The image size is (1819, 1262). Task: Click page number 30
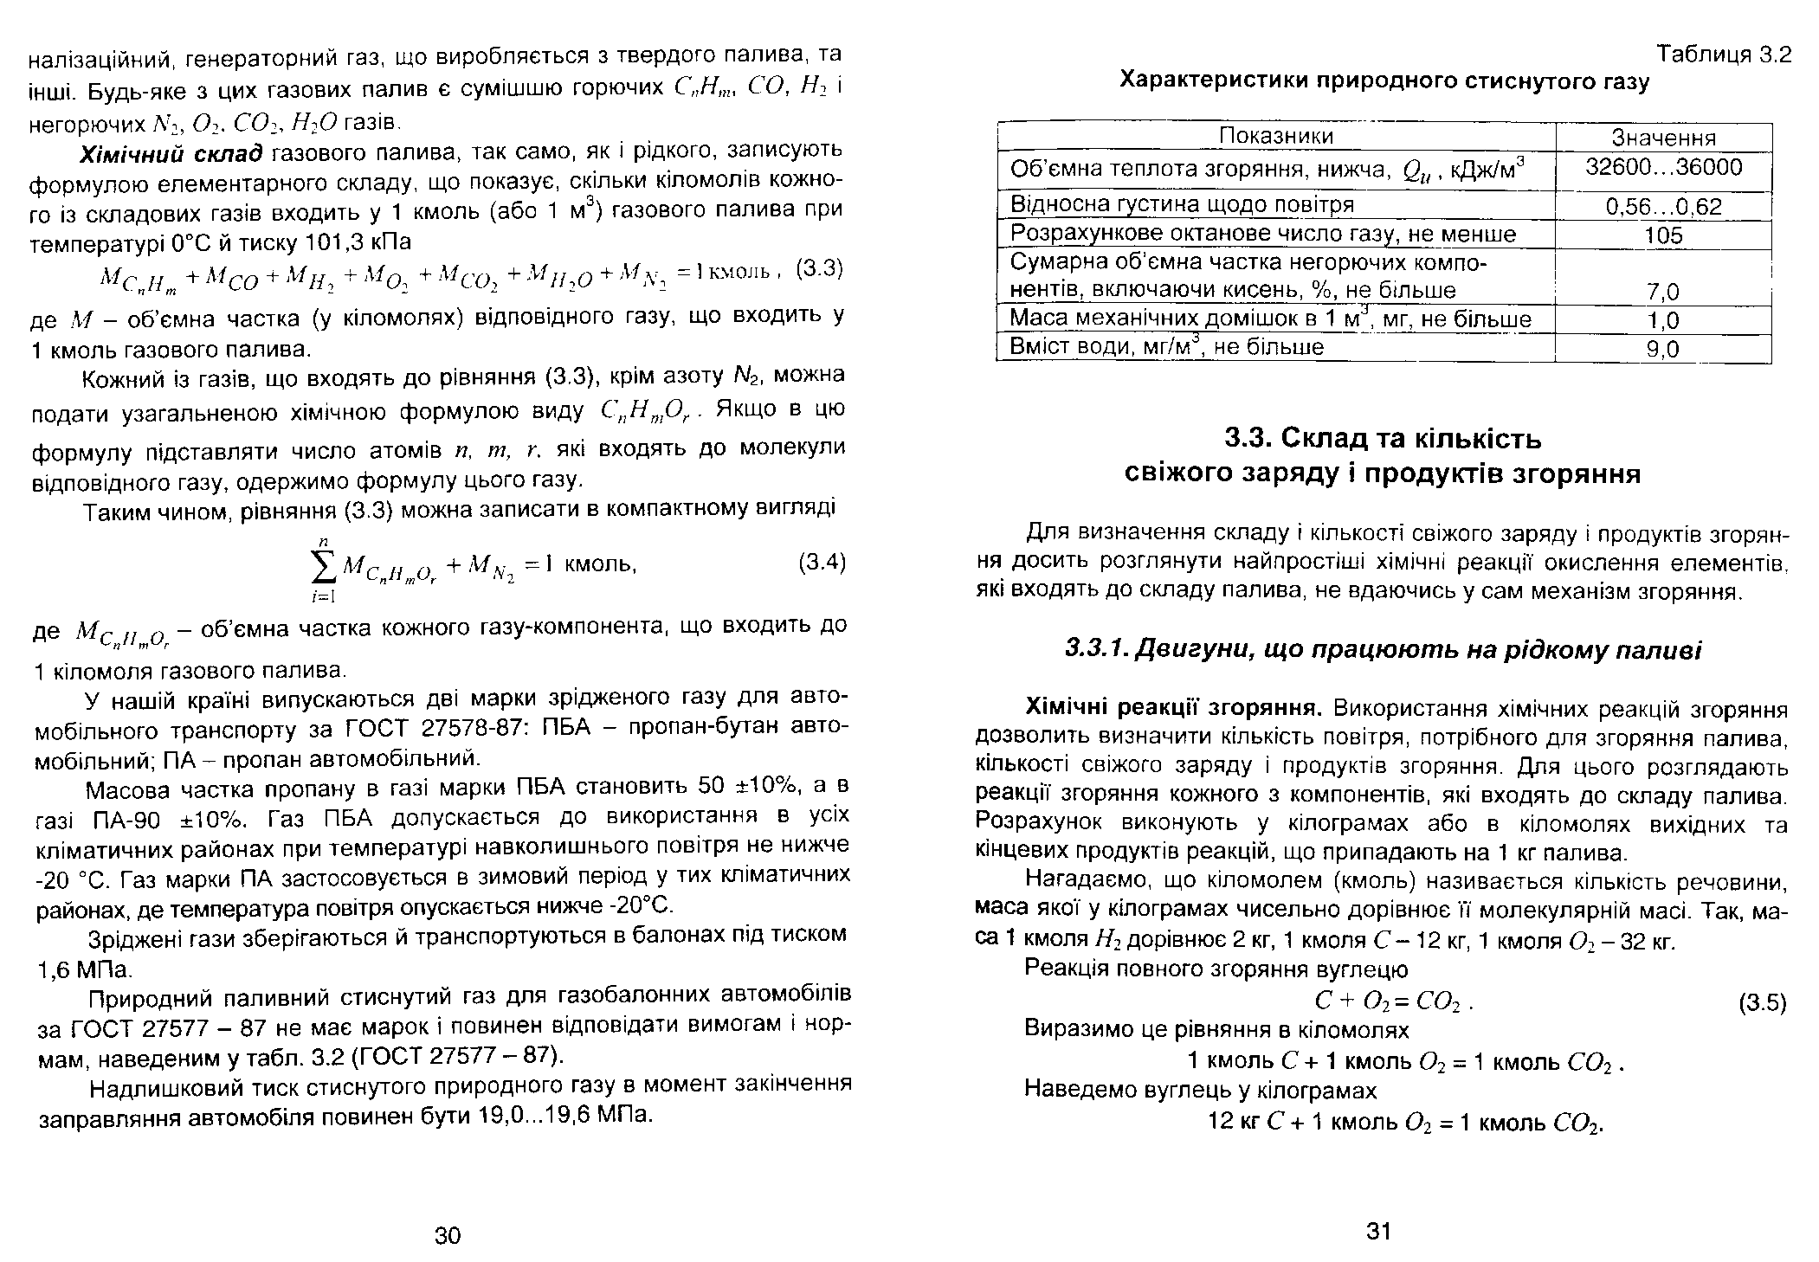pyautogui.click(x=448, y=1235)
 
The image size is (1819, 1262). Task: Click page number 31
pyautogui.click(x=1377, y=1230)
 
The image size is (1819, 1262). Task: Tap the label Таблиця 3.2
pyautogui.click(x=1723, y=55)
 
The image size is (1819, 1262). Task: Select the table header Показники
pyautogui.click(x=1276, y=137)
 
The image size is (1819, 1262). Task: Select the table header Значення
pyautogui.click(x=1663, y=138)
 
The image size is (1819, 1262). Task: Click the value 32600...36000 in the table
pyautogui.click(x=1663, y=168)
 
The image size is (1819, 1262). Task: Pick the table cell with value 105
pyautogui.click(x=1663, y=235)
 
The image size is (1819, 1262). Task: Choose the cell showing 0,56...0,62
pyautogui.click(x=1663, y=206)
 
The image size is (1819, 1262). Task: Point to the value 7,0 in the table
pyautogui.click(x=1663, y=291)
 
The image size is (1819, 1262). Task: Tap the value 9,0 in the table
pyautogui.click(x=1663, y=349)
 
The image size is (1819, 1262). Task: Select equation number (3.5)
pyautogui.click(x=1763, y=1003)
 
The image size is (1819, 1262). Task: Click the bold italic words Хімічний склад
pyautogui.click(x=170, y=155)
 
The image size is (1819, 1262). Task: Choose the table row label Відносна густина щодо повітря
pyautogui.click(x=1182, y=205)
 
